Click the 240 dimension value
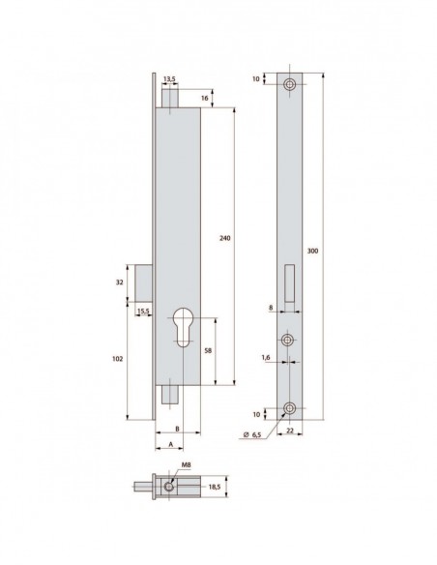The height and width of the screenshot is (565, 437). [x=224, y=238]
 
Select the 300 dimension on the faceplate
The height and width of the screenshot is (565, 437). [x=313, y=251]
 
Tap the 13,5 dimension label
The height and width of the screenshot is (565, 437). [x=170, y=79]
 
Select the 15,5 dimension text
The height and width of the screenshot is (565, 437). [x=143, y=311]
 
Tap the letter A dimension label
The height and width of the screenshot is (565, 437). [x=170, y=446]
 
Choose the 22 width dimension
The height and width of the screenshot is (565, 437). [x=289, y=433]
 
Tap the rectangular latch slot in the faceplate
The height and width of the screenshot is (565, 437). [x=291, y=281]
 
